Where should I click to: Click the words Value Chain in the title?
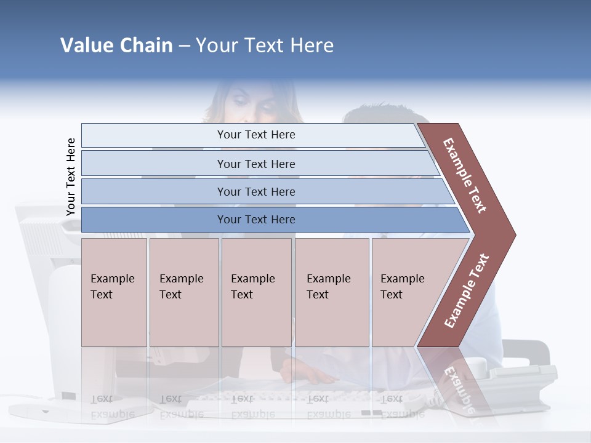(x=116, y=46)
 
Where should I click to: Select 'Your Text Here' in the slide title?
(x=265, y=46)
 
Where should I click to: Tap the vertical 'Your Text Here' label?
(x=71, y=177)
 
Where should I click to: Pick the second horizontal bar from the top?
(x=255, y=164)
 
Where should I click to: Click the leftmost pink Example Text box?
(x=114, y=292)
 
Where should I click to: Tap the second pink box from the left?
(x=183, y=292)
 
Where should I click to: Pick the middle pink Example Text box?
(x=256, y=292)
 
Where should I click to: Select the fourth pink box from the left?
(x=332, y=292)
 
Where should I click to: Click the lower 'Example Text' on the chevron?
(x=467, y=290)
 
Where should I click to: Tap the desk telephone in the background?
(x=523, y=381)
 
